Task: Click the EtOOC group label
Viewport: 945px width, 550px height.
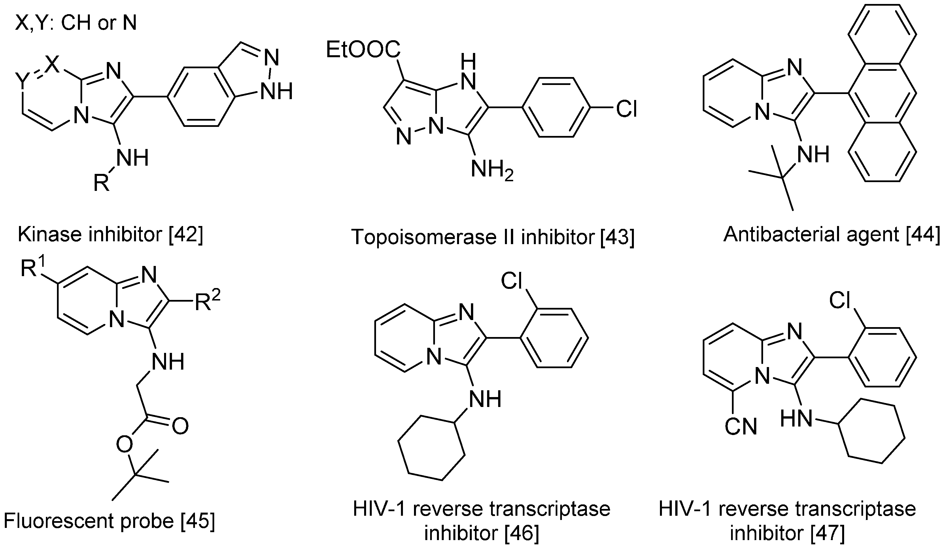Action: point(363,50)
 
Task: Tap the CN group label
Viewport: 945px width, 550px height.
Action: point(741,427)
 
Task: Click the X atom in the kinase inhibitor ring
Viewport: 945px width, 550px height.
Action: point(52,65)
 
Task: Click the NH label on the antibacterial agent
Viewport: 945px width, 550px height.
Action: point(813,154)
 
